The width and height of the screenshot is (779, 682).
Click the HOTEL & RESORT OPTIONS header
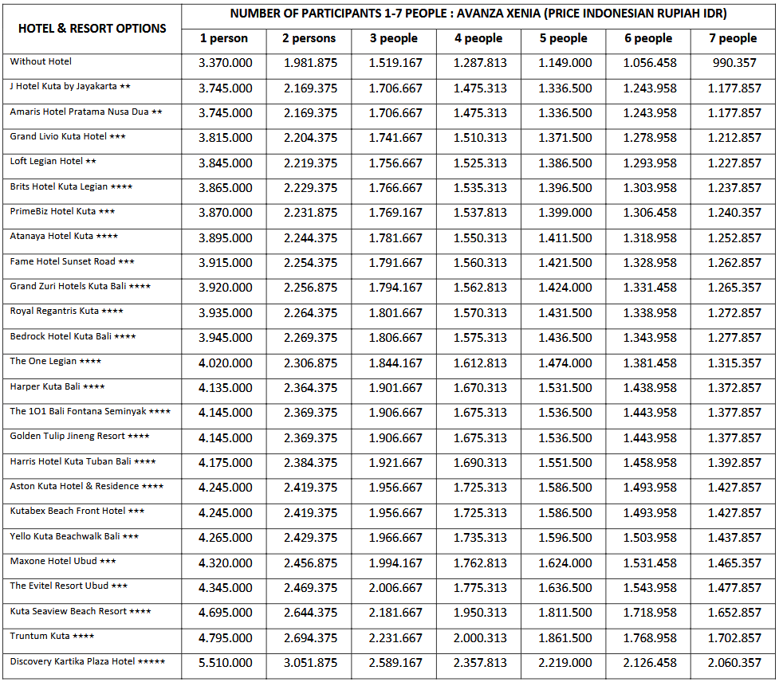(x=92, y=28)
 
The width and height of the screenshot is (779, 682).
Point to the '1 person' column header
(x=224, y=38)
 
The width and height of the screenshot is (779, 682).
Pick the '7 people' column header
(x=733, y=38)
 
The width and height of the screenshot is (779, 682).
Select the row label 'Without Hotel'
(x=41, y=61)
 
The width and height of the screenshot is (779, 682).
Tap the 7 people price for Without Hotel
(x=734, y=63)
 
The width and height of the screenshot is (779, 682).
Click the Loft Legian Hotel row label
(x=46, y=161)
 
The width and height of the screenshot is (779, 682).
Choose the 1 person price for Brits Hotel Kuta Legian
(x=226, y=188)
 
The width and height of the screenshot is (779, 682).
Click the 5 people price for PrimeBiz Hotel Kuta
(x=565, y=213)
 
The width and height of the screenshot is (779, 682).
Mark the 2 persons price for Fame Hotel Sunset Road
(x=310, y=263)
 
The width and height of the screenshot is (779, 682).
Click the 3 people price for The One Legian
(x=395, y=363)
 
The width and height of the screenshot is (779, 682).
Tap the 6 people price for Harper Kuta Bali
(x=650, y=388)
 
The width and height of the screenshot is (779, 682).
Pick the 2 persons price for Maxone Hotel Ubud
(x=310, y=563)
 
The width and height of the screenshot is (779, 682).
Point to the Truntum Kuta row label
(x=40, y=636)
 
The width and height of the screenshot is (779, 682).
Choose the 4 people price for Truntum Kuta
(x=480, y=638)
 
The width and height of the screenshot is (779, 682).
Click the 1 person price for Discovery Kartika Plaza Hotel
(x=226, y=663)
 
